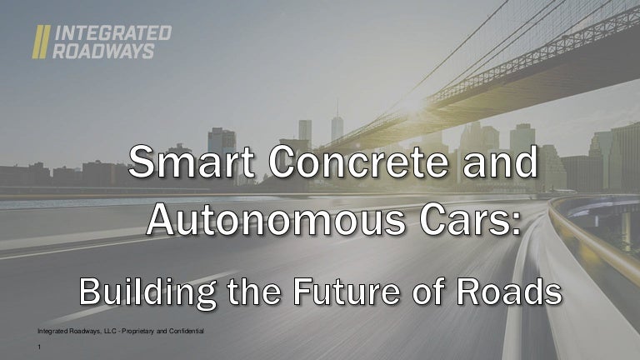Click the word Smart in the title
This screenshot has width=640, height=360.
[x=192, y=162]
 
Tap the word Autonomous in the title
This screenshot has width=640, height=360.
[x=277, y=220]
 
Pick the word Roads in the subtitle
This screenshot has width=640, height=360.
[x=509, y=292]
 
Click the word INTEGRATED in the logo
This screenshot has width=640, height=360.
[x=112, y=33]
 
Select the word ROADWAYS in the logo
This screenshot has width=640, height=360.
[x=103, y=52]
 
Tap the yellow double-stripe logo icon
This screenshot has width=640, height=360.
[x=41, y=42]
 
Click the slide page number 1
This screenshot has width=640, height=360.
[x=39, y=347]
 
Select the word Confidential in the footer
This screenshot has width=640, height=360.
[x=186, y=331]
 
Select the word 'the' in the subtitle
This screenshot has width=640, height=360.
[x=254, y=292]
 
